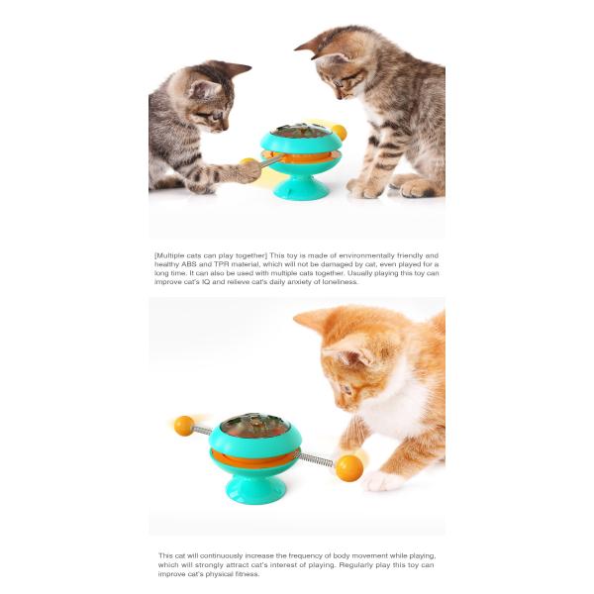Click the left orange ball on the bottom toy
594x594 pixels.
pyautogui.click(x=184, y=426)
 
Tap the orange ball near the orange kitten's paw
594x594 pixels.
pyautogui.click(x=348, y=467)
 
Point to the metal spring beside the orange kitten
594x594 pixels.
pyautogui.click(x=315, y=457)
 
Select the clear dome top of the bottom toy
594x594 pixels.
pyautogui.click(x=254, y=426)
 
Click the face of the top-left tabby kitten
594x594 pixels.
pyautogui.click(x=209, y=101)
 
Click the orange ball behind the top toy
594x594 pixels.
pyautogui.click(x=339, y=132)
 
